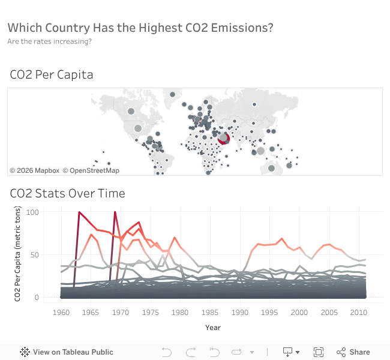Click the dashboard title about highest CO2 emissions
(140, 28)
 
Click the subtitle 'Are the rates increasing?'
(49, 41)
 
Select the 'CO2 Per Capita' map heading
(52, 74)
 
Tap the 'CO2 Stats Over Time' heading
(67, 193)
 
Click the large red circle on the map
(224, 139)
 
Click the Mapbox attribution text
(34, 170)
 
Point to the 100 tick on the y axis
(32, 212)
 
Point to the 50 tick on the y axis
(34, 255)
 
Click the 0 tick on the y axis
(36, 298)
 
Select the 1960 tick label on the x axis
(61, 313)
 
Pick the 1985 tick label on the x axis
(209, 313)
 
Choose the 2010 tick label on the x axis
(358, 313)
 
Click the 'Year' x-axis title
(212, 328)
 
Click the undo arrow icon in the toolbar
(167, 352)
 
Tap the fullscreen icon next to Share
(319, 352)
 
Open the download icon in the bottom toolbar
(287, 352)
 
